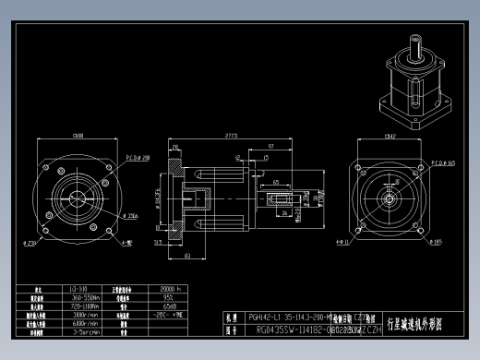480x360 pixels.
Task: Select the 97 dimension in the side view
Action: click(270, 148)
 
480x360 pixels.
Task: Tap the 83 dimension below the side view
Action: click(187, 255)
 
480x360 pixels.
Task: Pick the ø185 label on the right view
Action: click(435, 243)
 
